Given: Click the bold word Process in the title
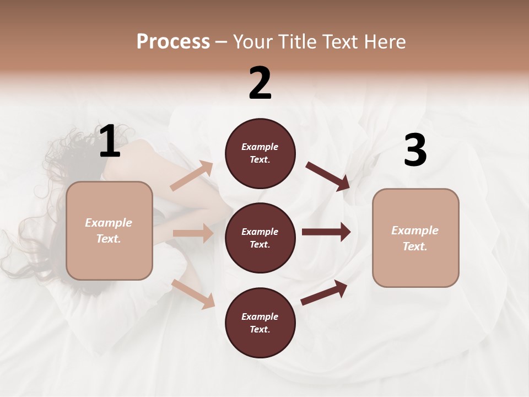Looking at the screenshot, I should point(173,42).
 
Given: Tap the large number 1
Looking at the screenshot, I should point(110,142).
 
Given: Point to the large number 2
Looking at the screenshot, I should point(260,83).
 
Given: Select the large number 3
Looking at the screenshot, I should point(415,151).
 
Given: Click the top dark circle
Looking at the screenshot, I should point(260,153).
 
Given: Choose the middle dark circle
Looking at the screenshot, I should point(260,238).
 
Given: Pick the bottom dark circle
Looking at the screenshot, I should point(260,323).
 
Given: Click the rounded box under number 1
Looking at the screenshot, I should point(109,230).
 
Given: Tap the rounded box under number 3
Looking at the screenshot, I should point(415,238).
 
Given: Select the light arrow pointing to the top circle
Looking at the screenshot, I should point(192,176).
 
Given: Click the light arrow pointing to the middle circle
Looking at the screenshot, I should point(193,233).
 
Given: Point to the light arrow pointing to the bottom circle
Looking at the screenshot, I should point(193,294).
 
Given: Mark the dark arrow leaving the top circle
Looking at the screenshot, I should point(328,176).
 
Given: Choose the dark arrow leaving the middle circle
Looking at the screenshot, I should point(326,232).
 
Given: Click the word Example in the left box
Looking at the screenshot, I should point(109,223).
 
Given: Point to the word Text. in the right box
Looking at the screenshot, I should point(415,246).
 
